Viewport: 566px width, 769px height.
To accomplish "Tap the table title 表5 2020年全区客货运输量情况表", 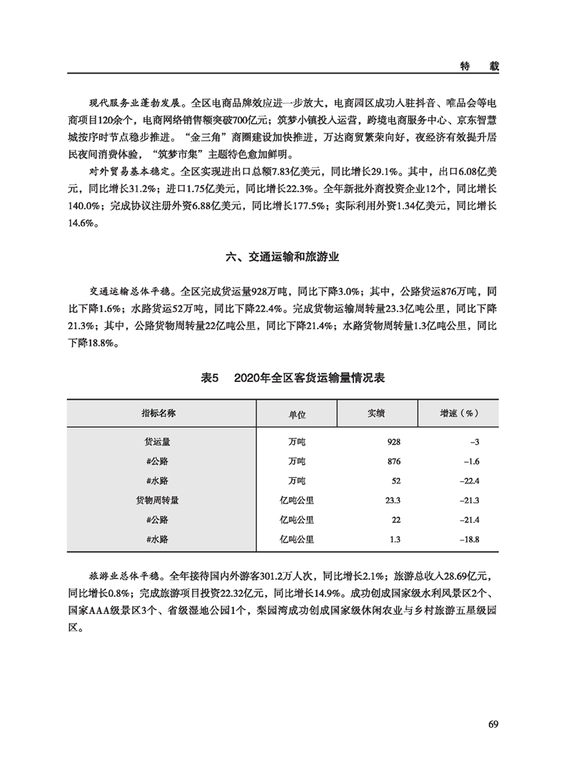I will (283, 378).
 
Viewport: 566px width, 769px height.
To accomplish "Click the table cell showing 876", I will (393, 461).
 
